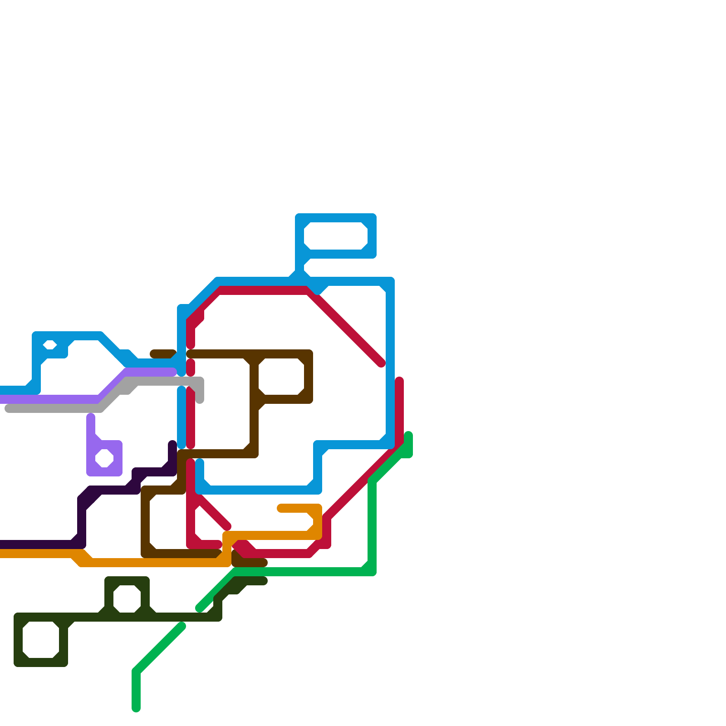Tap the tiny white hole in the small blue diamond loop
(50, 345)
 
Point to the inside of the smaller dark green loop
(127, 599)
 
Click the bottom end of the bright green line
(136, 708)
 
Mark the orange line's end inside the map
(281, 508)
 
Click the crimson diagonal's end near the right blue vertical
(382, 363)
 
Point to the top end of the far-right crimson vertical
(399, 381)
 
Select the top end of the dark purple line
(172, 444)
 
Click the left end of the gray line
(8, 408)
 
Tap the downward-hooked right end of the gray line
(200, 399)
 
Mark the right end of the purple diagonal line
(172, 372)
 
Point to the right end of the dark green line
(264, 581)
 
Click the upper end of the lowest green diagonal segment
(181, 627)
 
